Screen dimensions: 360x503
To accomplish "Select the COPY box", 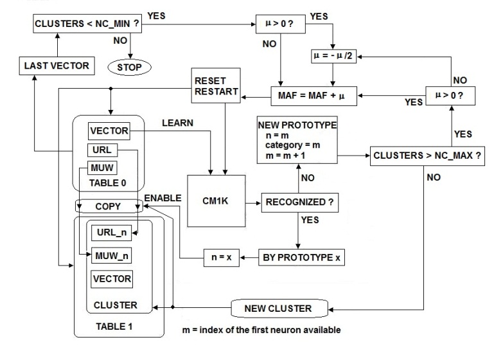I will pyautogui.click(x=107, y=208).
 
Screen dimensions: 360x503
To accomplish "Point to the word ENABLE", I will pyautogui.click(x=163, y=197).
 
